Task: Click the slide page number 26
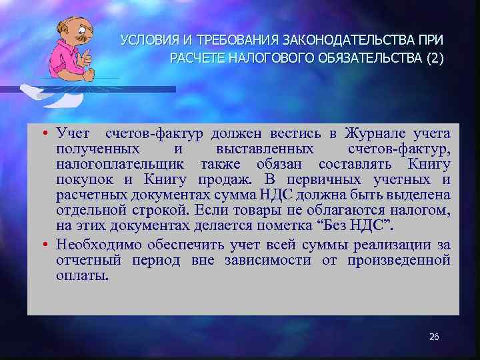pos(434,337)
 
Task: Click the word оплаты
pos(81,276)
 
